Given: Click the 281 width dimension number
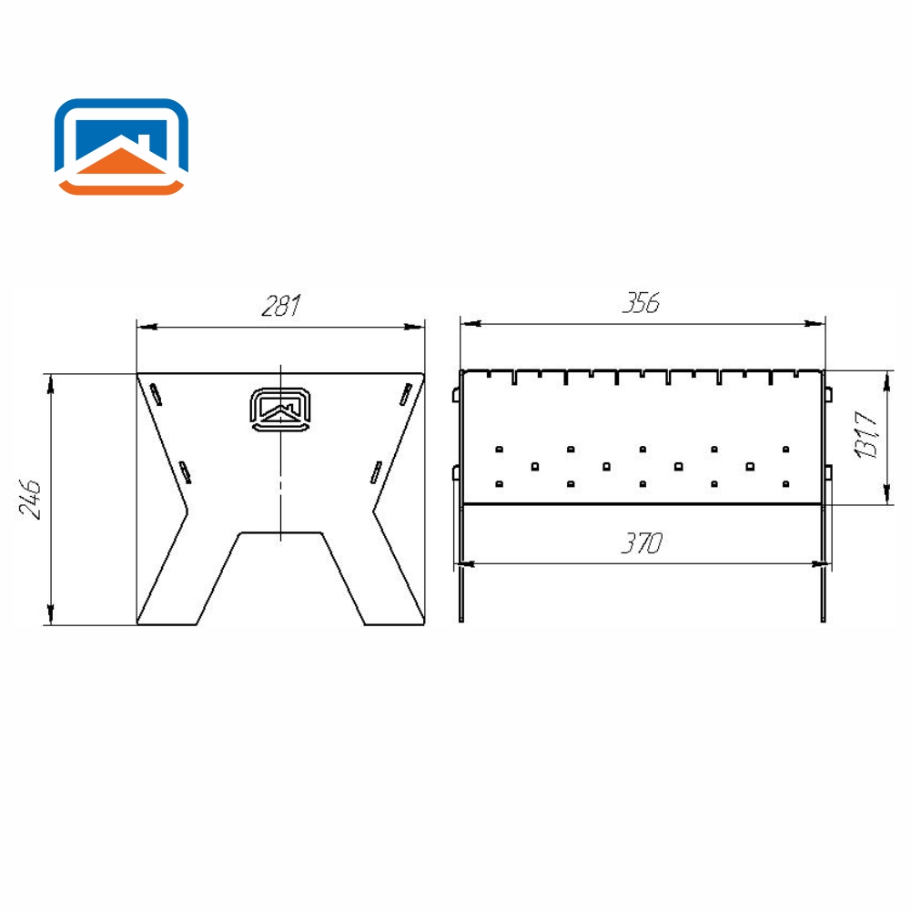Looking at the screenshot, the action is (281, 306).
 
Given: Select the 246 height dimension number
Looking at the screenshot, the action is (30, 499).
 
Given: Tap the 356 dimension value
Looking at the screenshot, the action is (642, 303).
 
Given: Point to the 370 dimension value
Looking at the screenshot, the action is (642, 543).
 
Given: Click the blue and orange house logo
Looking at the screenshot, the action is (121, 147).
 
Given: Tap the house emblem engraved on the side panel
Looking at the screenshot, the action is (280, 410).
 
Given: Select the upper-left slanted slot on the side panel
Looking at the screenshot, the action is (156, 394).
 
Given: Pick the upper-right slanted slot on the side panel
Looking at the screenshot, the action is (406, 394).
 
